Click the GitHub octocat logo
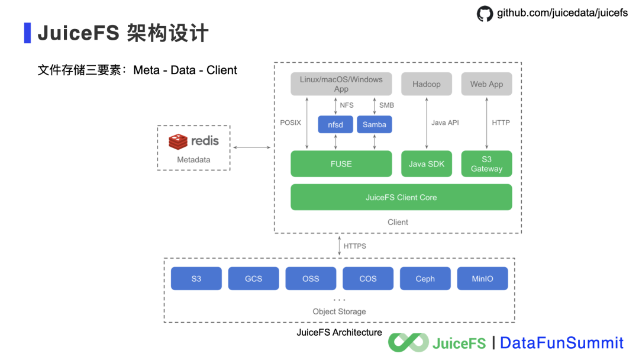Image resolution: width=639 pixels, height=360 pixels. [x=485, y=14]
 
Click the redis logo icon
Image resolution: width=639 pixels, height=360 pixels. [x=178, y=142]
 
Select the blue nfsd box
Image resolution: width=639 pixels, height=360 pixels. [x=335, y=124]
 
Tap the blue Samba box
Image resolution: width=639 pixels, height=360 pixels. [x=374, y=124]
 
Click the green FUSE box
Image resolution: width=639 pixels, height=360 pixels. [x=341, y=163]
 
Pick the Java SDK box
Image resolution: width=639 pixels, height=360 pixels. [x=426, y=163]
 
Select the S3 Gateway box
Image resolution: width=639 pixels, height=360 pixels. [x=486, y=163]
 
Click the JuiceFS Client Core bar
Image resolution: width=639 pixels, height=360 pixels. [x=401, y=197]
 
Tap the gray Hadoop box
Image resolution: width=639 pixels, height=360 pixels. [x=426, y=84]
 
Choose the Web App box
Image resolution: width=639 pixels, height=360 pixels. [x=486, y=84]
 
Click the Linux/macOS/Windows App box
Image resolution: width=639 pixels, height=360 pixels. [x=341, y=84]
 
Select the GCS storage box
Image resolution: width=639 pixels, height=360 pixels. [x=253, y=278]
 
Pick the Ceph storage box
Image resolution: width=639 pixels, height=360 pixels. [x=425, y=278]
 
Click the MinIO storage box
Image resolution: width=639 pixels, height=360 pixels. [x=482, y=278]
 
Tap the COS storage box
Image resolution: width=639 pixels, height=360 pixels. [x=367, y=278]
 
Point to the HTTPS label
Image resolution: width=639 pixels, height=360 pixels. [x=354, y=246]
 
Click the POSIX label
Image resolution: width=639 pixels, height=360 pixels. [x=291, y=123]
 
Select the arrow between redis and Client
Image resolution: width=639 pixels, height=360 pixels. [x=251, y=147]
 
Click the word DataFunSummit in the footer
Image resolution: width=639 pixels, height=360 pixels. [x=561, y=343]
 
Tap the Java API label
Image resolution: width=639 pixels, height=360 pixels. [x=445, y=123]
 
